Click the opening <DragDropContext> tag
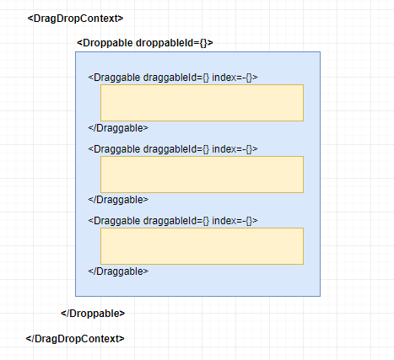(75, 19)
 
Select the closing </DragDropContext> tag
(75, 339)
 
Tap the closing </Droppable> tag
(93, 314)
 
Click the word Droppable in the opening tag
(108, 43)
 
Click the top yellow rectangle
(202, 103)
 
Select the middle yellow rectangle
(202, 175)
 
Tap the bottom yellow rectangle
(202, 246)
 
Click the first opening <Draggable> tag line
(173, 78)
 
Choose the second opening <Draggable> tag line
(173, 149)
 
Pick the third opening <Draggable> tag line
(173, 221)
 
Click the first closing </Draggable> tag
(118, 128)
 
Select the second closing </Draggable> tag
(118, 200)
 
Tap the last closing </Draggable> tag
(118, 271)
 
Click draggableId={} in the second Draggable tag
(176, 149)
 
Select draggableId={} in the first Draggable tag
(176, 78)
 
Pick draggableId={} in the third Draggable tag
(176, 221)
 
